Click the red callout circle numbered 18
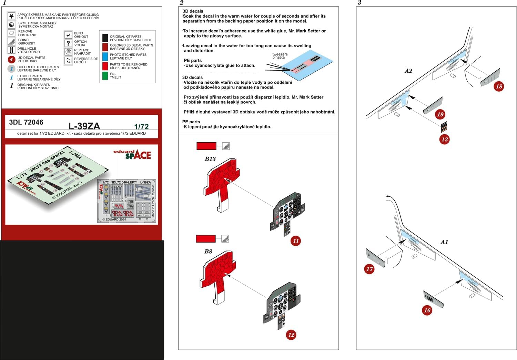tap(499, 86)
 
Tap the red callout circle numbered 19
tap(440, 114)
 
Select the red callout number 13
tap(445, 139)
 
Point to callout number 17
tap(369, 269)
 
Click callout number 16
tap(427, 310)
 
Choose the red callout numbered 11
tap(296, 241)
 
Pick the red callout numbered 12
tap(291, 335)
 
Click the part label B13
tap(210, 159)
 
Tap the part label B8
tap(208, 251)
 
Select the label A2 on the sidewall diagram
tap(408, 71)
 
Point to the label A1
tap(444, 242)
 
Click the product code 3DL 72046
tap(26, 122)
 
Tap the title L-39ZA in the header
tap(84, 126)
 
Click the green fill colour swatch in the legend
tap(105, 75)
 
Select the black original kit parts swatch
tap(105, 38)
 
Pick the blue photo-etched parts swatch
tap(105, 56)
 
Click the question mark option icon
tap(68, 43)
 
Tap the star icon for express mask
tap(11, 16)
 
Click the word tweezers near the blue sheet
tap(280, 54)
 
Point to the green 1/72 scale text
tap(141, 126)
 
